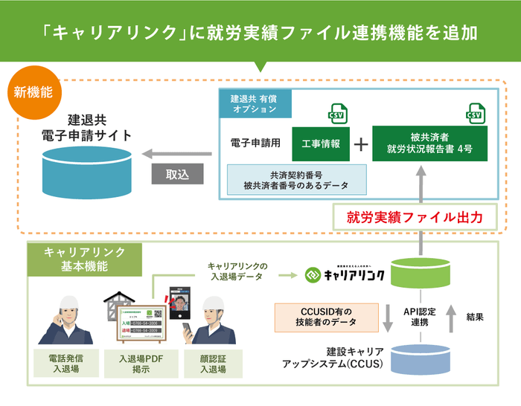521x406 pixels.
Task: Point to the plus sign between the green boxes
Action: click(x=360, y=144)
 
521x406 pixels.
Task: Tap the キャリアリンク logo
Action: click(x=345, y=275)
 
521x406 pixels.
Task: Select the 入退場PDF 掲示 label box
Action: click(x=141, y=364)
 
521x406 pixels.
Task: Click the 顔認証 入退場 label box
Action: click(x=215, y=364)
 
